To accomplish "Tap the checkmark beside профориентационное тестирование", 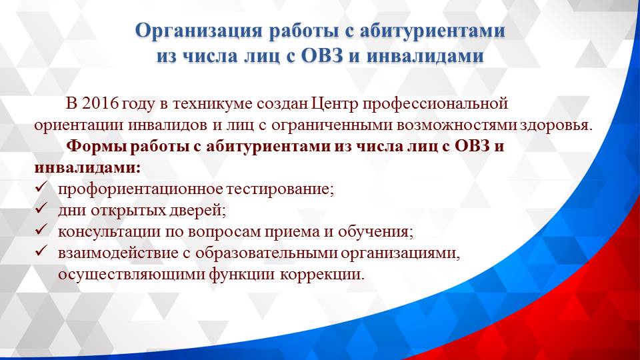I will [41, 187].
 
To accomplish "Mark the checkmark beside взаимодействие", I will [41, 252].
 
